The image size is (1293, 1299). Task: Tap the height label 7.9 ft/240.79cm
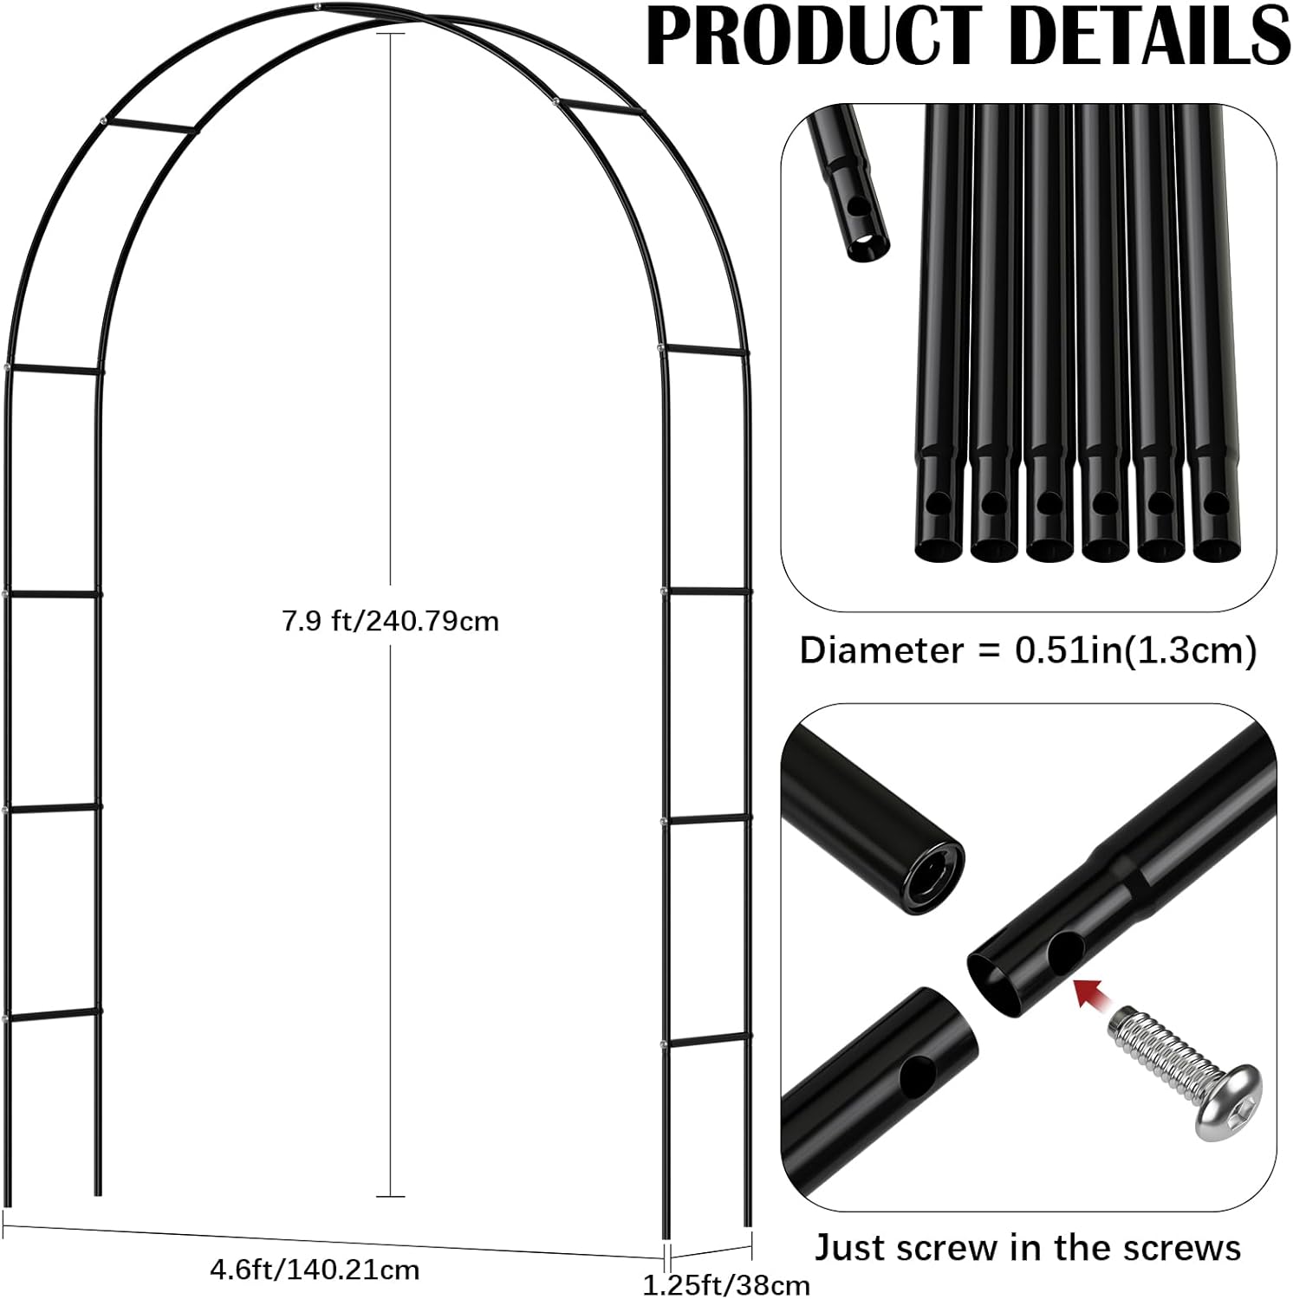click(x=390, y=621)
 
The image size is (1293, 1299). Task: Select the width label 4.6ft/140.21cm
click(x=315, y=1270)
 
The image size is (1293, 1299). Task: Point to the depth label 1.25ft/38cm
click(x=726, y=1285)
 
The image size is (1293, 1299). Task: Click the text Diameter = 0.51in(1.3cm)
click(x=1028, y=650)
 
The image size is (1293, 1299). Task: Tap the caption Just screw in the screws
click(x=1028, y=1248)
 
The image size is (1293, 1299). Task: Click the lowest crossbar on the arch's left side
click(x=53, y=1015)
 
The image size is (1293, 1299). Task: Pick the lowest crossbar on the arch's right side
click(x=703, y=1041)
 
